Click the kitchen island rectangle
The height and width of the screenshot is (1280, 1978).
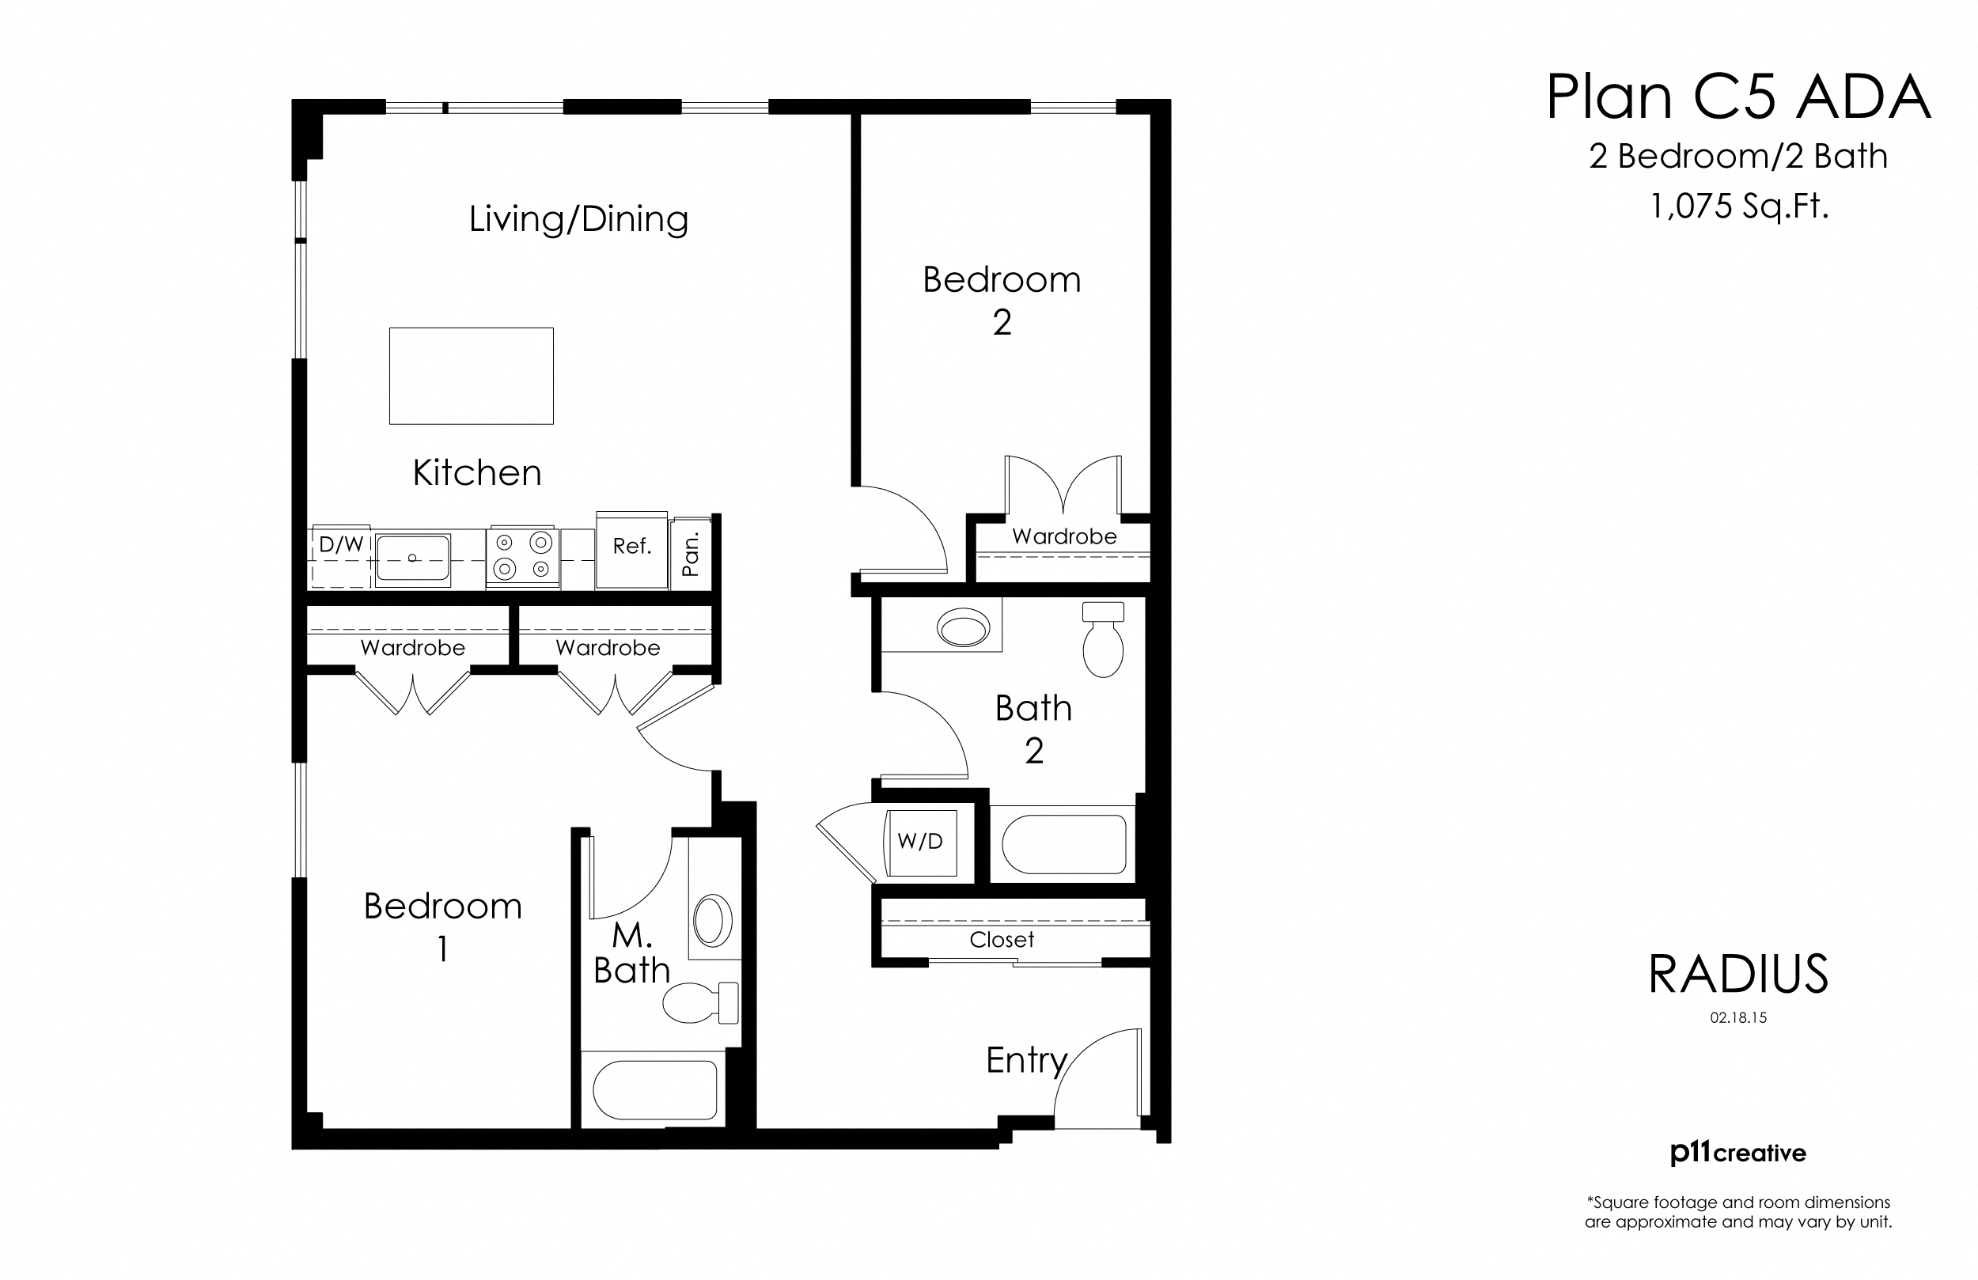(472, 376)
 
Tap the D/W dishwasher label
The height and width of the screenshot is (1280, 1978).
(341, 545)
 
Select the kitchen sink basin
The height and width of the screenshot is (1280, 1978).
(413, 557)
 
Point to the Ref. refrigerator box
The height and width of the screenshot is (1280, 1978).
(631, 547)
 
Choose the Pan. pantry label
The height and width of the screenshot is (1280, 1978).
(691, 555)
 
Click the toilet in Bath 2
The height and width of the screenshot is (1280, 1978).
(1103, 641)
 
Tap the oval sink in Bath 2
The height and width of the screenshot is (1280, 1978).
(963, 627)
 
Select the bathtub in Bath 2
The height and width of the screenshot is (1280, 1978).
(1064, 844)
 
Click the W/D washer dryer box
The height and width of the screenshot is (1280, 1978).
(920, 842)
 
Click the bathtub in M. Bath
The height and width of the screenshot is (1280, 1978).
(655, 1089)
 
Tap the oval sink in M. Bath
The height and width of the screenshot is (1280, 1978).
(712, 920)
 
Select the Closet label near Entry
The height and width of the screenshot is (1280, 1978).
(1002, 940)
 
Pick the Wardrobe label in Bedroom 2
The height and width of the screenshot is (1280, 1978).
(1064, 537)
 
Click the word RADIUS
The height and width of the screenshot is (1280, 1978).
(1737, 975)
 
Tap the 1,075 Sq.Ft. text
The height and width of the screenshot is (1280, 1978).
(1738, 206)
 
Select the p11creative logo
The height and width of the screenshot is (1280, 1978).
(1737, 1153)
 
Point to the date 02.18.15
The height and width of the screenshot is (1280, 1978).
(1737, 1017)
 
